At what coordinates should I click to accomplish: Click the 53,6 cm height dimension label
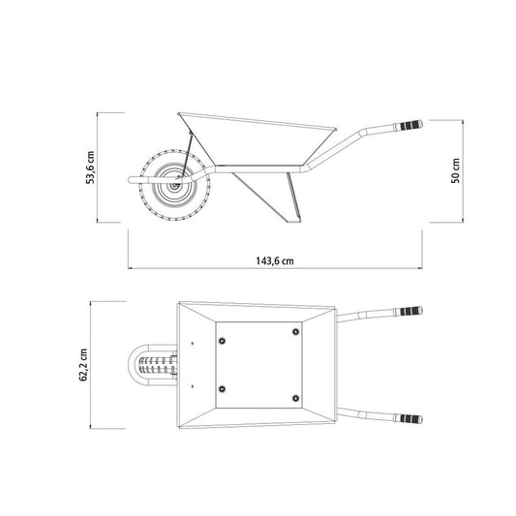click(x=90, y=167)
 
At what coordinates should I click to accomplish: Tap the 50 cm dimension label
click(x=456, y=170)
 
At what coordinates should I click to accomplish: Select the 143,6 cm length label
click(x=275, y=261)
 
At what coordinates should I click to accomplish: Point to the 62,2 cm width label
click(x=83, y=365)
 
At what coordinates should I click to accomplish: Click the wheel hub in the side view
click(x=173, y=186)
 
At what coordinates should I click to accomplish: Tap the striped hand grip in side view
click(x=409, y=126)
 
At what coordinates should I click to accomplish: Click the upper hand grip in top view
click(x=409, y=311)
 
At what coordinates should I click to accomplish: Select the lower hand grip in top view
click(x=409, y=419)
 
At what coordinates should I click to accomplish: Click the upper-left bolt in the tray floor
click(x=222, y=341)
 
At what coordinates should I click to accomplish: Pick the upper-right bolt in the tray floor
click(x=296, y=331)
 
